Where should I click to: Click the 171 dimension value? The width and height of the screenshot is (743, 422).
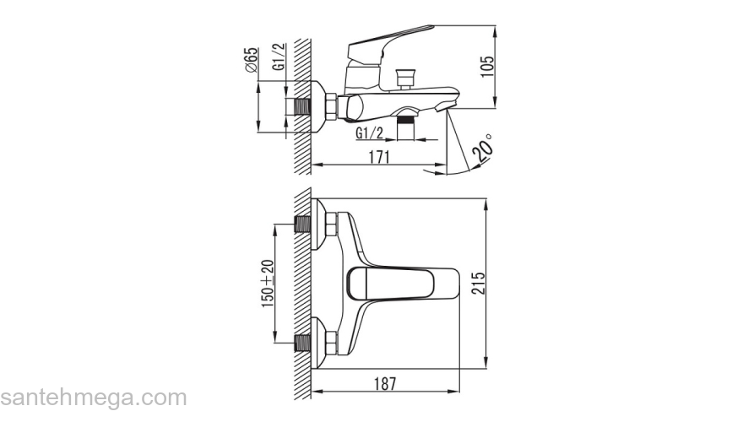pos(379,157)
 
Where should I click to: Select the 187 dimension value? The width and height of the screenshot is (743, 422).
pos(385,384)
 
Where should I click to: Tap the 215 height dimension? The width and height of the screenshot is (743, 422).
pos(478,283)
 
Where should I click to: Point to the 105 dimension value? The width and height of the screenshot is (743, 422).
pos(486,67)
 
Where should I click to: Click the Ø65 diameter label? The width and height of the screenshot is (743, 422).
pos(251,60)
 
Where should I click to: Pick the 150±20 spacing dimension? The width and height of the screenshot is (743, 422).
pos(268,284)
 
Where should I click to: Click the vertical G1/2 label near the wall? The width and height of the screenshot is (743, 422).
pos(279,57)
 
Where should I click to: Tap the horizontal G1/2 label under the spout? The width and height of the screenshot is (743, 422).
pos(370,133)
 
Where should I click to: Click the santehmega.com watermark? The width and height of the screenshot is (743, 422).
pos(94,398)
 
